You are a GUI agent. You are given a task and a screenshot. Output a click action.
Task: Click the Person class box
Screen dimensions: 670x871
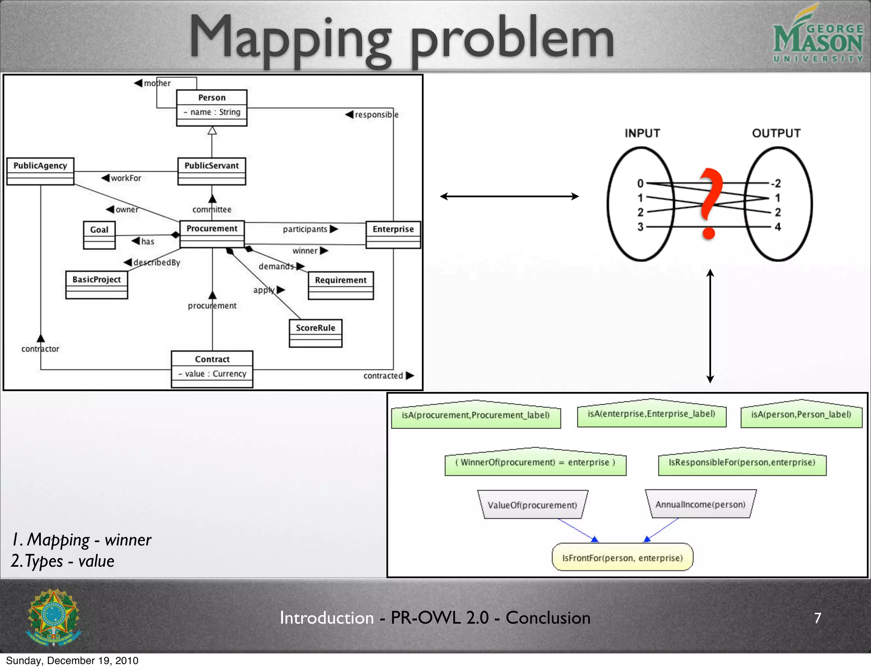coord(212,108)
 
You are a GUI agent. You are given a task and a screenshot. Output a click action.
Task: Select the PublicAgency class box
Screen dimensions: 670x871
coord(40,171)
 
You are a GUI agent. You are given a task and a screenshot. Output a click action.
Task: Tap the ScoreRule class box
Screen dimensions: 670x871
coord(316,333)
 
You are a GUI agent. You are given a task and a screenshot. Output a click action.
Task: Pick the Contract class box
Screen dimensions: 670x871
coord(212,369)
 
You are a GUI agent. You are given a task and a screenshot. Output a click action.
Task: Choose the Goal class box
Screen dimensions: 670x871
coord(100,235)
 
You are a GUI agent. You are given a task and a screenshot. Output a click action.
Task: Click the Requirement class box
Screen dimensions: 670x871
coord(341,285)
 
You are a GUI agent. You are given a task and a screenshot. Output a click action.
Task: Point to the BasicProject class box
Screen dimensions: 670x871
coord(97,285)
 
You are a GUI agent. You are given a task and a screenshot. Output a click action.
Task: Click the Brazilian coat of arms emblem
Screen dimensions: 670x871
coord(54,617)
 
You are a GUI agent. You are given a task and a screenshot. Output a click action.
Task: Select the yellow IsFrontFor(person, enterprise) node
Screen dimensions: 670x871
coord(622,557)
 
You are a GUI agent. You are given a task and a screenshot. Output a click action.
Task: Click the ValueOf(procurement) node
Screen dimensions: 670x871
coord(532,505)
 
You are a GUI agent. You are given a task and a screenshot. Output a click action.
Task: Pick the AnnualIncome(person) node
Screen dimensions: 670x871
coord(700,504)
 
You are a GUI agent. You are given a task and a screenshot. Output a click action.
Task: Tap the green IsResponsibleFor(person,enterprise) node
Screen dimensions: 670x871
coord(742,463)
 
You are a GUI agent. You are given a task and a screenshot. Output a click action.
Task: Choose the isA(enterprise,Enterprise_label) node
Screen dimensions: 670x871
coord(652,414)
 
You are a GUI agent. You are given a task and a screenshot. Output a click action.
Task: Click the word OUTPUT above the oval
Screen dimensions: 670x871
coord(776,133)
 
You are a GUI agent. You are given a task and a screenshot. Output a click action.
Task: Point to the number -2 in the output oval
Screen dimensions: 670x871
coord(776,183)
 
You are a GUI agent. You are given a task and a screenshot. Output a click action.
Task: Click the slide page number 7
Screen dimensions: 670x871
coord(817,618)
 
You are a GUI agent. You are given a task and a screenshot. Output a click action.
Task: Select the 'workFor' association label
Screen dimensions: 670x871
coord(126,178)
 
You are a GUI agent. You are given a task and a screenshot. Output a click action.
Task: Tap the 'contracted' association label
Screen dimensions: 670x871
coord(383,376)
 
